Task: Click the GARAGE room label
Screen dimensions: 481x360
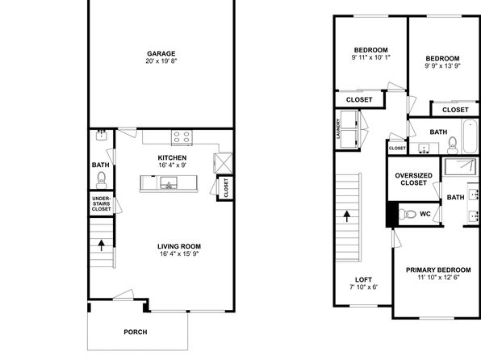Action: (161, 54)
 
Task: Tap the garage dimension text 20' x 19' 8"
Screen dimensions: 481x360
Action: (161, 61)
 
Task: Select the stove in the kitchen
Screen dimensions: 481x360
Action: (182, 137)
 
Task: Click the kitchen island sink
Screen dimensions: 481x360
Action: (169, 183)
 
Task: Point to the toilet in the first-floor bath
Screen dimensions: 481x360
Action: (101, 180)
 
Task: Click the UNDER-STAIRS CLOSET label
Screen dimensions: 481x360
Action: (101, 203)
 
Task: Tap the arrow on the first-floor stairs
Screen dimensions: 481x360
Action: (101, 245)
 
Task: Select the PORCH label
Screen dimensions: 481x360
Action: (136, 332)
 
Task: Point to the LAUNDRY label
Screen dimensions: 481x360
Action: (339, 129)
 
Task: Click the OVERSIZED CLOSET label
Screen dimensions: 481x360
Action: (413, 179)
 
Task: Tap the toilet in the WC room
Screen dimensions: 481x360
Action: (407, 214)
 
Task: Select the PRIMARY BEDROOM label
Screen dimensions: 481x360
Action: (438, 270)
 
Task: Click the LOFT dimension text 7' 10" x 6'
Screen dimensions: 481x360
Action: (363, 287)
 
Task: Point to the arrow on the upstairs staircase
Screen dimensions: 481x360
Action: (347, 216)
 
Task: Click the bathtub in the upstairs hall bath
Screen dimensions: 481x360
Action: (471, 136)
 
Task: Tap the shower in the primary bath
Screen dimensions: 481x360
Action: (461, 167)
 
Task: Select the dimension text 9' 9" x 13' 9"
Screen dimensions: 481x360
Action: (442, 66)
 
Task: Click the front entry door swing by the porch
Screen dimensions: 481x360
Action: (123, 294)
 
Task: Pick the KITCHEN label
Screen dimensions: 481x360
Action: (172, 157)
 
